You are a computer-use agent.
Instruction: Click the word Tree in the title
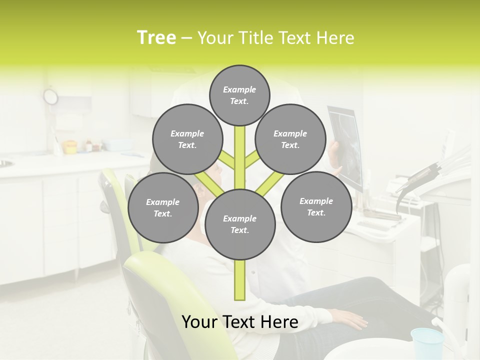156,38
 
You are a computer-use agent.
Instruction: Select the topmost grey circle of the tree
239,95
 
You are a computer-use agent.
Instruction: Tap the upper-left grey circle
187,139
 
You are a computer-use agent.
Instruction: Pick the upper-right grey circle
290,139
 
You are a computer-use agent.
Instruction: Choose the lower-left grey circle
162,207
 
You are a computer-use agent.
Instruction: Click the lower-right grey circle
316,206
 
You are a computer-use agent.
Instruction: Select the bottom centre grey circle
240,224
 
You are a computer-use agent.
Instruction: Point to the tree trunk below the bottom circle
240,280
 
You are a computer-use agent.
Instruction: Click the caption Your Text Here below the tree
240,322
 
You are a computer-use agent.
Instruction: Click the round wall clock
50,96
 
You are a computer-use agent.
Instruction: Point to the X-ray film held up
346,145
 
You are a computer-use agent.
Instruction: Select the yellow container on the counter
70,146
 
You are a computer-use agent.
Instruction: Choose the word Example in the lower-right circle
316,201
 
